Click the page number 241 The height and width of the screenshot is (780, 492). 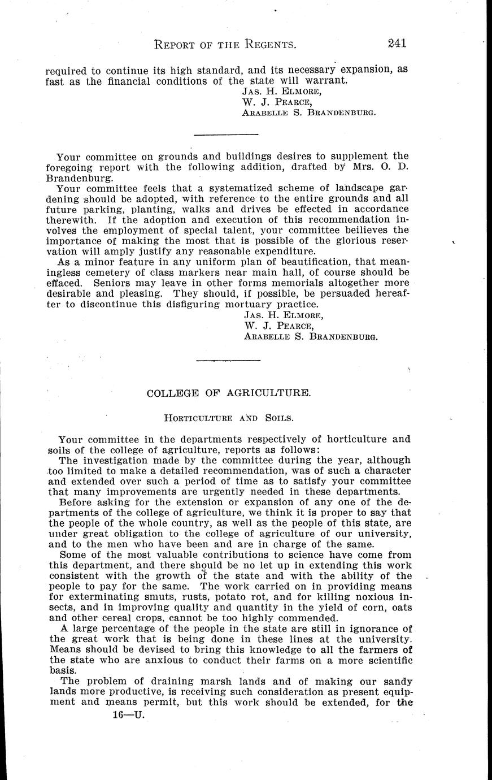pos(398,43)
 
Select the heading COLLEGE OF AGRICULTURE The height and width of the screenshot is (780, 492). pos(229,393)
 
